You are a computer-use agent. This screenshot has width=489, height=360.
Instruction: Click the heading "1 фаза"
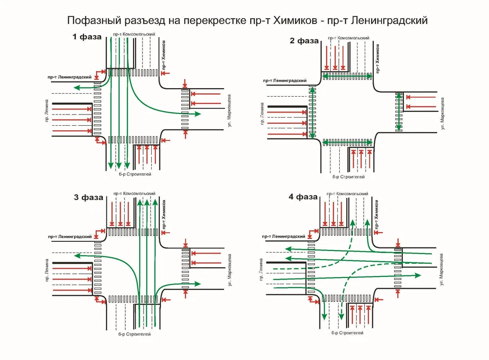click(87, 38)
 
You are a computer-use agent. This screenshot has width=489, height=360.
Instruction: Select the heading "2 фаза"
click(304, 41)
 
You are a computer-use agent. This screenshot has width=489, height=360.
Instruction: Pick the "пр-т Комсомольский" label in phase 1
click(134, 34)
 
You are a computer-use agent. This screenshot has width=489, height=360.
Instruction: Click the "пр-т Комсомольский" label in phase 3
click(134, 193)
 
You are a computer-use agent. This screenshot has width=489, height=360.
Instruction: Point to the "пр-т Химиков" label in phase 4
click(377, 214)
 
